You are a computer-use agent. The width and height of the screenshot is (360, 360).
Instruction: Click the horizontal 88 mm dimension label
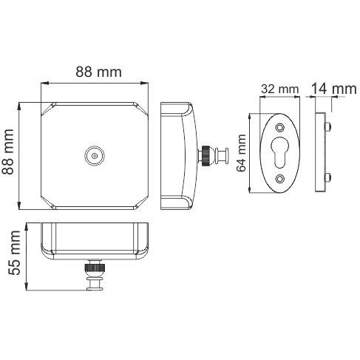98,72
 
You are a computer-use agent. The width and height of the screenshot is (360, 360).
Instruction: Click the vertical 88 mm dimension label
8,152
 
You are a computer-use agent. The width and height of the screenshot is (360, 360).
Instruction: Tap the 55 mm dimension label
14,253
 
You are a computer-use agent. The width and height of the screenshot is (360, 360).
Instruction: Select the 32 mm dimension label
279,89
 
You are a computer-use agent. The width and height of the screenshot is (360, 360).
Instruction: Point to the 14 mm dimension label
334,89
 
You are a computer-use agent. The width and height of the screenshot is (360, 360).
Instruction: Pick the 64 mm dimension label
241,153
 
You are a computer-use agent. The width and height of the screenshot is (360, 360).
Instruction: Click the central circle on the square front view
95,156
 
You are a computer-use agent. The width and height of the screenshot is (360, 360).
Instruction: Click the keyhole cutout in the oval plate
280,152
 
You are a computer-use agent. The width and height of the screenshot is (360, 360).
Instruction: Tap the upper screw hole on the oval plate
279,128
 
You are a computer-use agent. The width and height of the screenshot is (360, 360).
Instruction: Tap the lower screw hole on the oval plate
279,178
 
